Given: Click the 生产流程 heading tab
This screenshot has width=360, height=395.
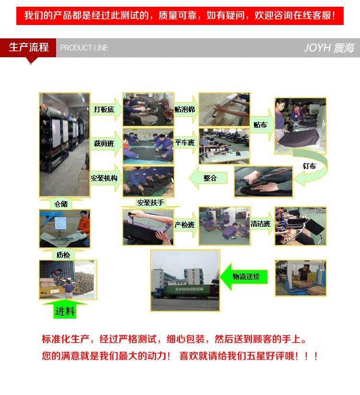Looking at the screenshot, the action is click(28, 48).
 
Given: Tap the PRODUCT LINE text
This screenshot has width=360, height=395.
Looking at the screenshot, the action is click(84, 48).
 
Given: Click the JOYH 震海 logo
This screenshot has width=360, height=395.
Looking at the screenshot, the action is click(329, 48).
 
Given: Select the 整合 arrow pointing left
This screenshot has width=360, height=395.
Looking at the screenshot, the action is click(208, 178).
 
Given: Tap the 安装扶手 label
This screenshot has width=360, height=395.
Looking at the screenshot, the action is click(151, 203).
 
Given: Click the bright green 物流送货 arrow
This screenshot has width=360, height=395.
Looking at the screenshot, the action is click(243, 277).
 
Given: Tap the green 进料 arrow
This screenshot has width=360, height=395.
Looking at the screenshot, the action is click(65, 309).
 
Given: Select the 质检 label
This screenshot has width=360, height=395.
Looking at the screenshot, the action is click(63, 255).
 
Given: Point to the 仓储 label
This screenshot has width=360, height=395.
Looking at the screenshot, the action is click(61, 204).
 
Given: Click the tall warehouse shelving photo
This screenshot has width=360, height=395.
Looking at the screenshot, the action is click(65, 145).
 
